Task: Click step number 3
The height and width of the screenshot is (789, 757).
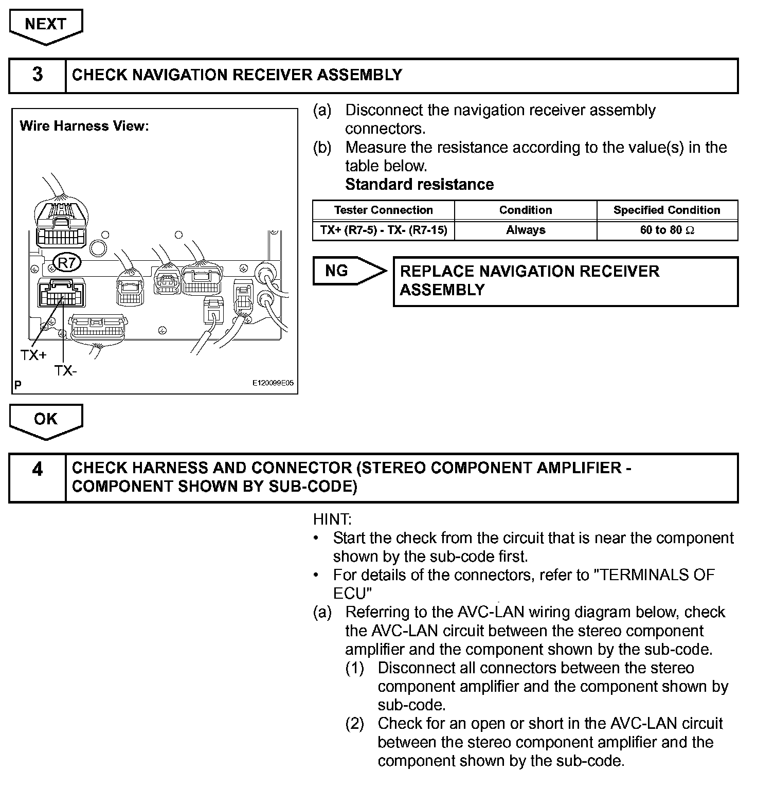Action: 38,75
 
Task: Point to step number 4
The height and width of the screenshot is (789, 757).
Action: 38,470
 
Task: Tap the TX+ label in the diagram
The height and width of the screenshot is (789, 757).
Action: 33,355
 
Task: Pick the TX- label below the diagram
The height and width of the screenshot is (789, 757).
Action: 66,370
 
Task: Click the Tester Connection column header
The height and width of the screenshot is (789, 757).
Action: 383,210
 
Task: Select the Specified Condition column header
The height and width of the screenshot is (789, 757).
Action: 666,210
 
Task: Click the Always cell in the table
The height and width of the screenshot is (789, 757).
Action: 525,230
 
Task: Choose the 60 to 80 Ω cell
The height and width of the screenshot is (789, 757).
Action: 666,230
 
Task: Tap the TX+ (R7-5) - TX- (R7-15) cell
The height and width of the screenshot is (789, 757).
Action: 383,230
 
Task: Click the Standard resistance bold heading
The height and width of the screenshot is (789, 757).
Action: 419,184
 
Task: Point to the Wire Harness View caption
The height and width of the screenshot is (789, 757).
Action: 84,126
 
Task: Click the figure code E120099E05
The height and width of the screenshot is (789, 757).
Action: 273,384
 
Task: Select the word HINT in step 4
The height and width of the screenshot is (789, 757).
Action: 332,519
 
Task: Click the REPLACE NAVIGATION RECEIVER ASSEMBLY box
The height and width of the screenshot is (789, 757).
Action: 565,281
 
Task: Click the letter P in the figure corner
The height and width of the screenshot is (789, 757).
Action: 18,385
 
